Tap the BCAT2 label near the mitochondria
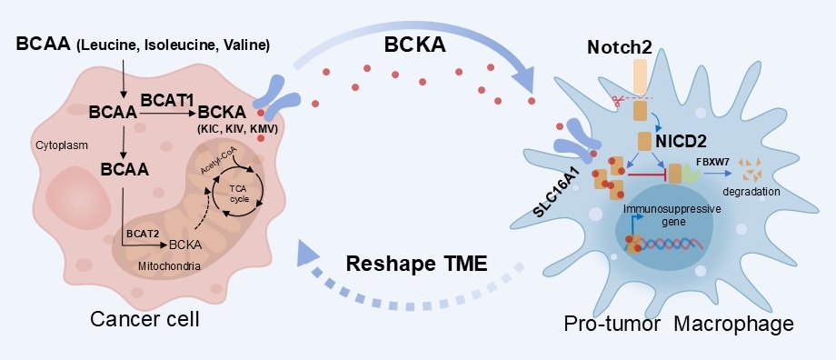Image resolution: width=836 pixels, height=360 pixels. coord(142,233)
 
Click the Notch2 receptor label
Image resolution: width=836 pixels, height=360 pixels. coord(619,47)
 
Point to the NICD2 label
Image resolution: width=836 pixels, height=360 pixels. coord(681,141)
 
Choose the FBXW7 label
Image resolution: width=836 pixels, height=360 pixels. coord(711,160)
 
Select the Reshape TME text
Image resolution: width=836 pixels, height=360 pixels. coord(417,264)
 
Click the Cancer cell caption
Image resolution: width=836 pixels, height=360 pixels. coord(144,319)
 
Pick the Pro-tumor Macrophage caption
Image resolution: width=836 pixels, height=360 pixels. coord(679,324)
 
